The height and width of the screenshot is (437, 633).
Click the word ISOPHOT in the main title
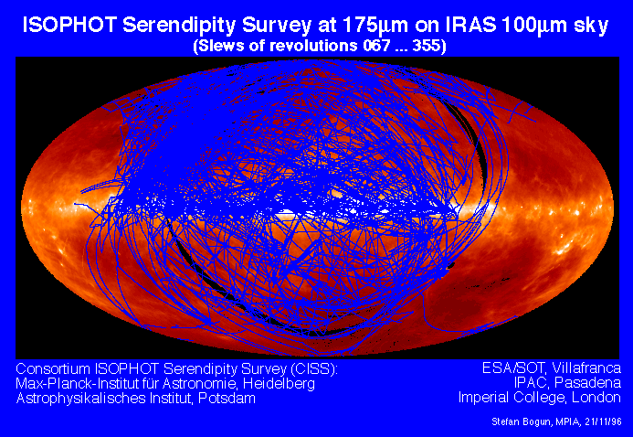(x=69, y=25)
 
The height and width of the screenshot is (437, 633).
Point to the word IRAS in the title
(x=470, y=25)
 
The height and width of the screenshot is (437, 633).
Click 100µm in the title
(x=533, y=27)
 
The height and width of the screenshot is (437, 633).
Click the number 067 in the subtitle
(x=377, y=45)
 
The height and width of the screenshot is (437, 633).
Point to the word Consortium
(x=53, y=368)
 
